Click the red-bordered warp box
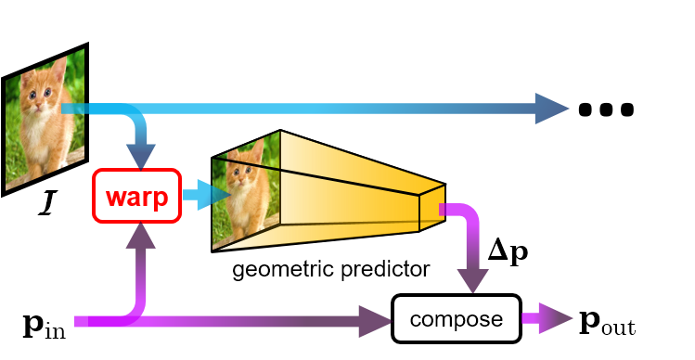(137, 196)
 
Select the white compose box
(456, 319)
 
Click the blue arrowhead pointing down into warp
(142, 157)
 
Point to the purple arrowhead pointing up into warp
(141, 238)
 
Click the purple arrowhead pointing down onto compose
(472, 281)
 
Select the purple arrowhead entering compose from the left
(375, 321)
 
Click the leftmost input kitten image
(44, 118)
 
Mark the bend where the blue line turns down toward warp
(139, 116)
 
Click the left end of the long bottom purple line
(78, 322)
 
